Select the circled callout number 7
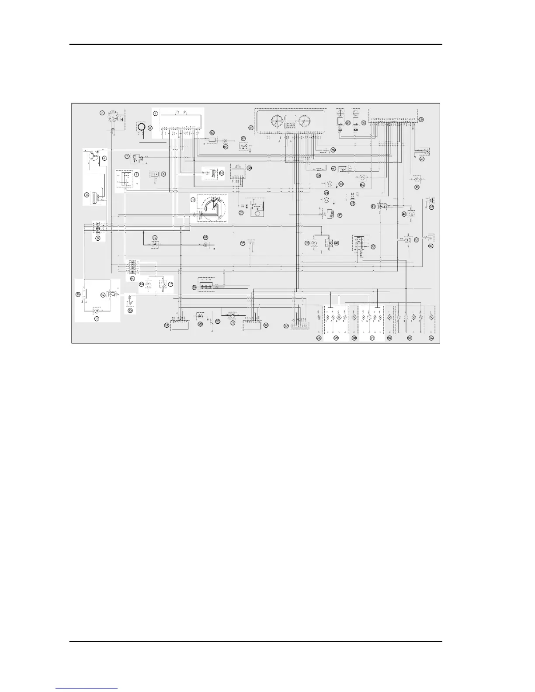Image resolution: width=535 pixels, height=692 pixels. pyautogui.click(x=137, y=174)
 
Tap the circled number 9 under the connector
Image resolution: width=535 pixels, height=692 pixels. pyautogui.click(x=98, y=239)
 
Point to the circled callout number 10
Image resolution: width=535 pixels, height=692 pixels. pyautogui.click(x=79, y=294)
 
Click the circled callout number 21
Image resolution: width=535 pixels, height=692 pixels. pyautogui.click(x=167, y=325)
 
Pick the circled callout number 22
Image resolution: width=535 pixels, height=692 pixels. pyautogui.click(x=200, y=324)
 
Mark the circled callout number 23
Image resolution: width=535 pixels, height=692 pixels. pyautogui.click(x=218, y=321)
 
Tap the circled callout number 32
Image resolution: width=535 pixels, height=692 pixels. pyautogui.click(x=390, y=338)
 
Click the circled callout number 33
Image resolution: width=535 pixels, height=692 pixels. pyautogui.click(x=410, y=338)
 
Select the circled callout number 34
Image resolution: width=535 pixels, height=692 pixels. pyautogui.click(x=431, y=338)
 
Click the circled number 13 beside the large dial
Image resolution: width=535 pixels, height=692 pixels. pyautogui.click(x=192, y=200)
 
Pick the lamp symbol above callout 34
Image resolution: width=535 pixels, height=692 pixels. pyautogui.click(x=431, y=317)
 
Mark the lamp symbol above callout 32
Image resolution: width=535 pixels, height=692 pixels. pyautogui.click(x=390, y=317)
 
